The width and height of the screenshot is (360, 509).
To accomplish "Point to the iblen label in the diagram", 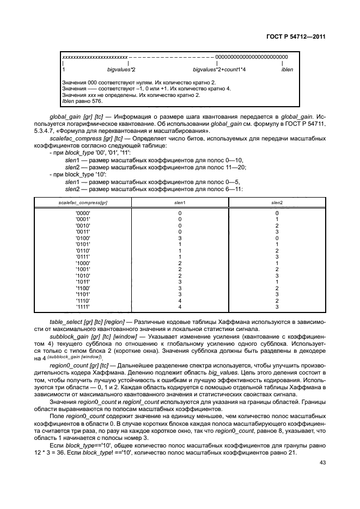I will click(x=286, y=70).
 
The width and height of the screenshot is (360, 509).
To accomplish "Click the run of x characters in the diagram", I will click(x=95, y=57).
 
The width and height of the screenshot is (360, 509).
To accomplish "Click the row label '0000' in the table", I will click(x=83, y=213).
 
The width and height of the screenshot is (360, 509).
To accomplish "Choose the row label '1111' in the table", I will click(x=83, y=306).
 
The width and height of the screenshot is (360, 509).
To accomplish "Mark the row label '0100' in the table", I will click(x=83, y=238).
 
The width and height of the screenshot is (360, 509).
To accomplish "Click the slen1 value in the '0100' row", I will click(x=180, y=238).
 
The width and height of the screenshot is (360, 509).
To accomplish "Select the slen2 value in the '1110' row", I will click(x=277, y=301).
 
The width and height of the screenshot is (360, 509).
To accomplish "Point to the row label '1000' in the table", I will click(x=83, y=263).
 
